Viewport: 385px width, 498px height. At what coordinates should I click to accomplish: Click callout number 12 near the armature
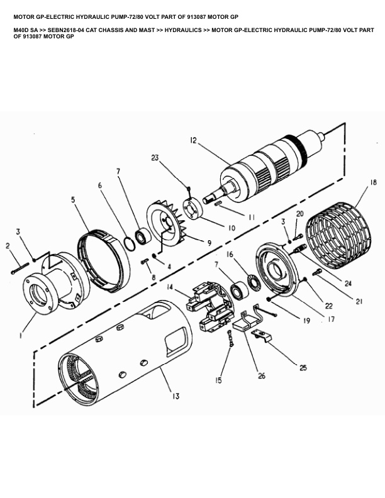194,140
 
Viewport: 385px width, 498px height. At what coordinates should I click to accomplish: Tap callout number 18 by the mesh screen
373,182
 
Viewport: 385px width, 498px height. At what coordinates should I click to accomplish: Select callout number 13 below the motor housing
176,396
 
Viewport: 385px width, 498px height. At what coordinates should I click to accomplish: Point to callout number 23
155,158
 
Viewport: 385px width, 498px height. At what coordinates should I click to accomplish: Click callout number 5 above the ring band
73,200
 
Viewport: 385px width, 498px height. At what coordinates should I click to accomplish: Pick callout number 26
262,376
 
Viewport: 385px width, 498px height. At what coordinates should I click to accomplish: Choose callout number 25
303,368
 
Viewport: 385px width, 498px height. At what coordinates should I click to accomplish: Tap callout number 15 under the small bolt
218,380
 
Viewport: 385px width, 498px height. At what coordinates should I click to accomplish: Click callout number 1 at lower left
21,335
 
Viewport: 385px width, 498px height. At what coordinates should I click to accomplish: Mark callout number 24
348,283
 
